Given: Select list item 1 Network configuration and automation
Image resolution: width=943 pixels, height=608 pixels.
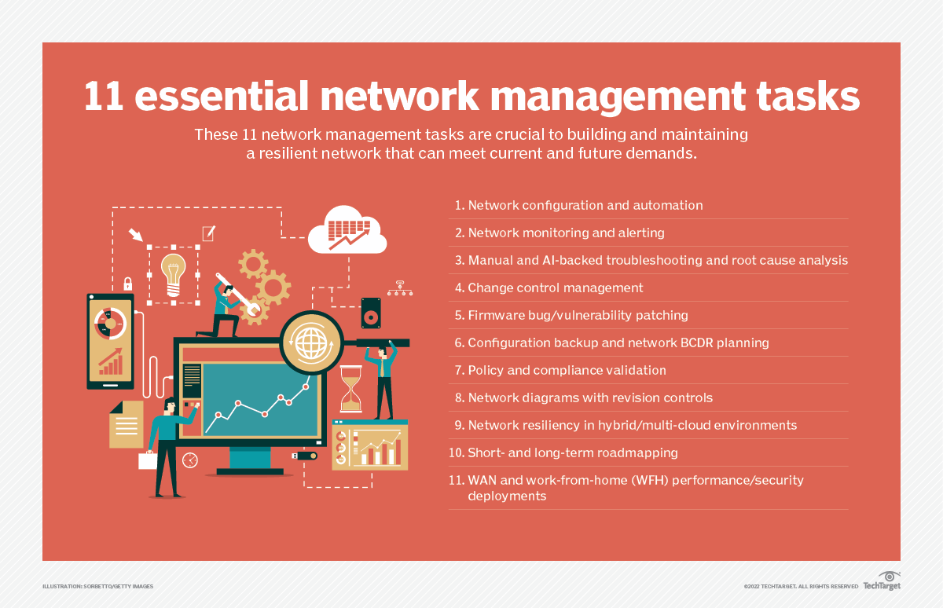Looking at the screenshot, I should [x=585, y=205].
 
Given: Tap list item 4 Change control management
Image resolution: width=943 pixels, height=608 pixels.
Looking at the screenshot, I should [x=555, y=288].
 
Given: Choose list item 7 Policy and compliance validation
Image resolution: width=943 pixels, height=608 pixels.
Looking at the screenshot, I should [x=567, y=370].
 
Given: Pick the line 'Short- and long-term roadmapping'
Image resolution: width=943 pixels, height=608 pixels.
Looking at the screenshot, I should [x=572, y=452].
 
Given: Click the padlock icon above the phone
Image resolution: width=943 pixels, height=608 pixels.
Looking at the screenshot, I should [x=127, y=283].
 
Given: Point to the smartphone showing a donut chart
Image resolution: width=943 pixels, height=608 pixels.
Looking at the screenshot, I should [x=110, y=341].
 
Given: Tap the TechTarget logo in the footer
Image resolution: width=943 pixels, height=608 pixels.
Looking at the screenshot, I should [x=882, y=584].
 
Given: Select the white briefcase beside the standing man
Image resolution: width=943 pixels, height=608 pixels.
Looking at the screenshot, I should [x=148, y=460].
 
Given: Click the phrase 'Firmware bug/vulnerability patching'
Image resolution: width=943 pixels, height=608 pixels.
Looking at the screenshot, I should [x=578, y=315].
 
